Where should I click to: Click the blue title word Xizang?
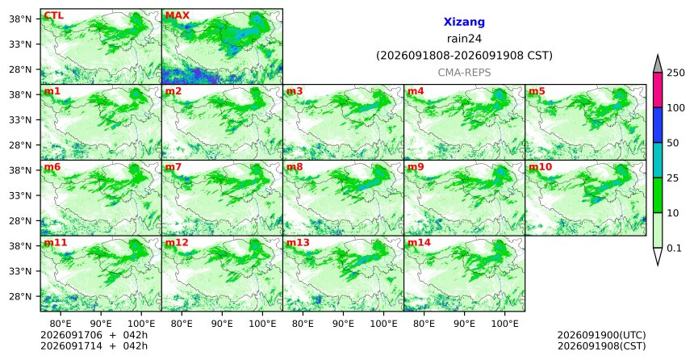(464, 22)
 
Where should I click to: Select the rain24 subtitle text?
(464, 39)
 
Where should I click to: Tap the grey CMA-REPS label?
(464, 73)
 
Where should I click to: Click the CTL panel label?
(53, 16)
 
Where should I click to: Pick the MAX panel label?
(177, 16)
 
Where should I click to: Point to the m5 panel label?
(537, 92)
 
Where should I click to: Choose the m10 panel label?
(540, 167)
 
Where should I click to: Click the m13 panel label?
(298, 243)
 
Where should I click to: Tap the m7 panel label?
(173, 167)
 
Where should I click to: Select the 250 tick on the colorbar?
(676, 73)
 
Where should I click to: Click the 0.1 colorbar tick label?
(674, 249)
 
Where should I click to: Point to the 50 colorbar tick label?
(673, 143)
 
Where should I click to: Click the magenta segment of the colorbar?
(657, 90)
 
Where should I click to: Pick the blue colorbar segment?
(657, 125)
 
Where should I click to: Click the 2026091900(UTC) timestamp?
(601, 335)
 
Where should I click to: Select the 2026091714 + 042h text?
(94, 345)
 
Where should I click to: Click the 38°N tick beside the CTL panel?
(20, 19)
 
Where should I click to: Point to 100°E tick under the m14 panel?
(505, 324)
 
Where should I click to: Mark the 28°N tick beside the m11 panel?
(20, 296)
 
